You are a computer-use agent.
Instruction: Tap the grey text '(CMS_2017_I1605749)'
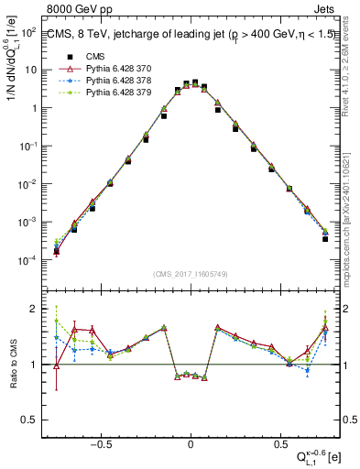[x=190, y=274]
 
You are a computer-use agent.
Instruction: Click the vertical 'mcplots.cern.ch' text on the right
[x=352, y=211]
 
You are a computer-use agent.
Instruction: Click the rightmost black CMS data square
[x=325, y=238]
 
